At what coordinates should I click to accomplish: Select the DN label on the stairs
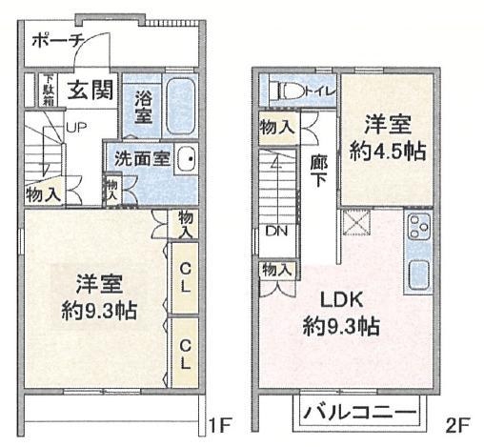(276, 231)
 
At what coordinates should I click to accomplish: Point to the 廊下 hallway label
(318, 173)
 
